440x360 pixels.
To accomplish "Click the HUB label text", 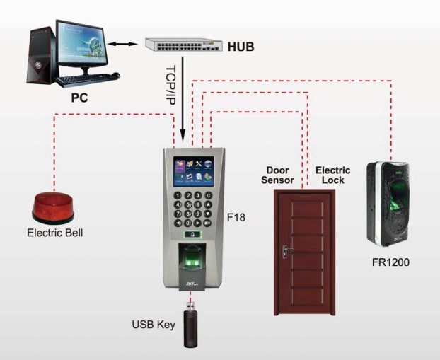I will pos(241,47).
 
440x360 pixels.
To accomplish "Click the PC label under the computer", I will pos(79,98).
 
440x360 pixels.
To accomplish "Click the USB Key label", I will pos(152,325).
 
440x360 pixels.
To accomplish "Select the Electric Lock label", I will pos(330,175).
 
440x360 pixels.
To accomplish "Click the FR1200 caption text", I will pos(390,262).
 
